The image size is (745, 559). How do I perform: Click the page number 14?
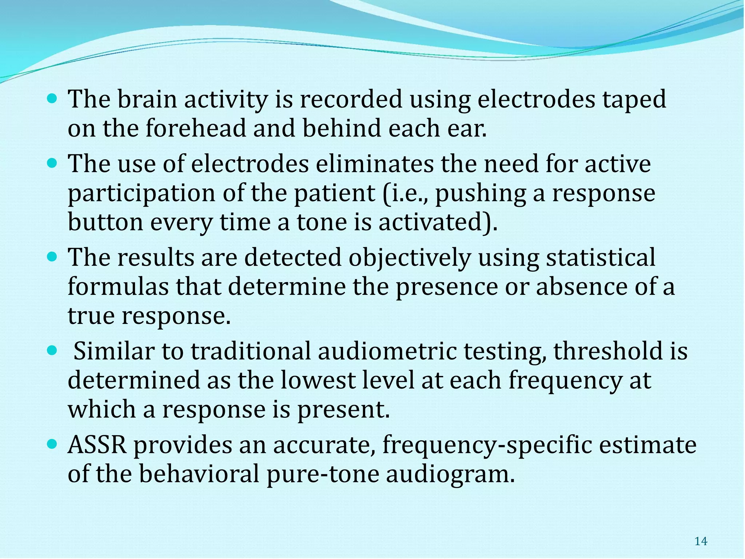tap(701, 542)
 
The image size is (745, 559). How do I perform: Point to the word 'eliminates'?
tap(375, 164)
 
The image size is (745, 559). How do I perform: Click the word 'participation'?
tap(142, 194)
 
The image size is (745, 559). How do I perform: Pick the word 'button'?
tap(105, 222)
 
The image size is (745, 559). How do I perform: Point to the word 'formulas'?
tap(118, 287)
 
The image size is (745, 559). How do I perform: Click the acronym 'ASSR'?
tap(97, 445)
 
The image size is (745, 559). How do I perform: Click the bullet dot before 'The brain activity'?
tap(53, 98)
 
